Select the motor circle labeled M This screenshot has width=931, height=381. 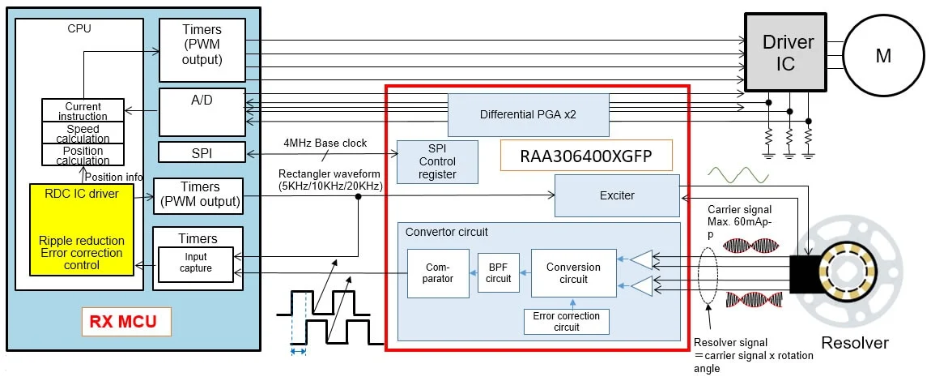pos(883,55)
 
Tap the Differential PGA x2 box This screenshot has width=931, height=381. pos(528,114)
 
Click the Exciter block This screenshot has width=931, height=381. pos(616,196)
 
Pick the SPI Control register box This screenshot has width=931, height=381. pos(437,162)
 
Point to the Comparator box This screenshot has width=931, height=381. pos(437,273)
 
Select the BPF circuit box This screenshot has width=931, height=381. pos(499,273)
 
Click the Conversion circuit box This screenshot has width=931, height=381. pos(573,273)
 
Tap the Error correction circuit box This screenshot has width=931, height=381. pos(567,322)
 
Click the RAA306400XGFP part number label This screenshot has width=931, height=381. pos(587,154)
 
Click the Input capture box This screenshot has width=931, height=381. pos(196,263)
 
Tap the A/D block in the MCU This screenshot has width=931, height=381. pos(202,112)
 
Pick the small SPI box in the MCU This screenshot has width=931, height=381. pos(202,152)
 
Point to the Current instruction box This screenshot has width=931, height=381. pos(83,111)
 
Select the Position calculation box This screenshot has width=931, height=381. pos(83,155)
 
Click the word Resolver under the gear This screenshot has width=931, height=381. pos(854,343)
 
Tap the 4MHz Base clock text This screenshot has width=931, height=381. pos(325,143)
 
